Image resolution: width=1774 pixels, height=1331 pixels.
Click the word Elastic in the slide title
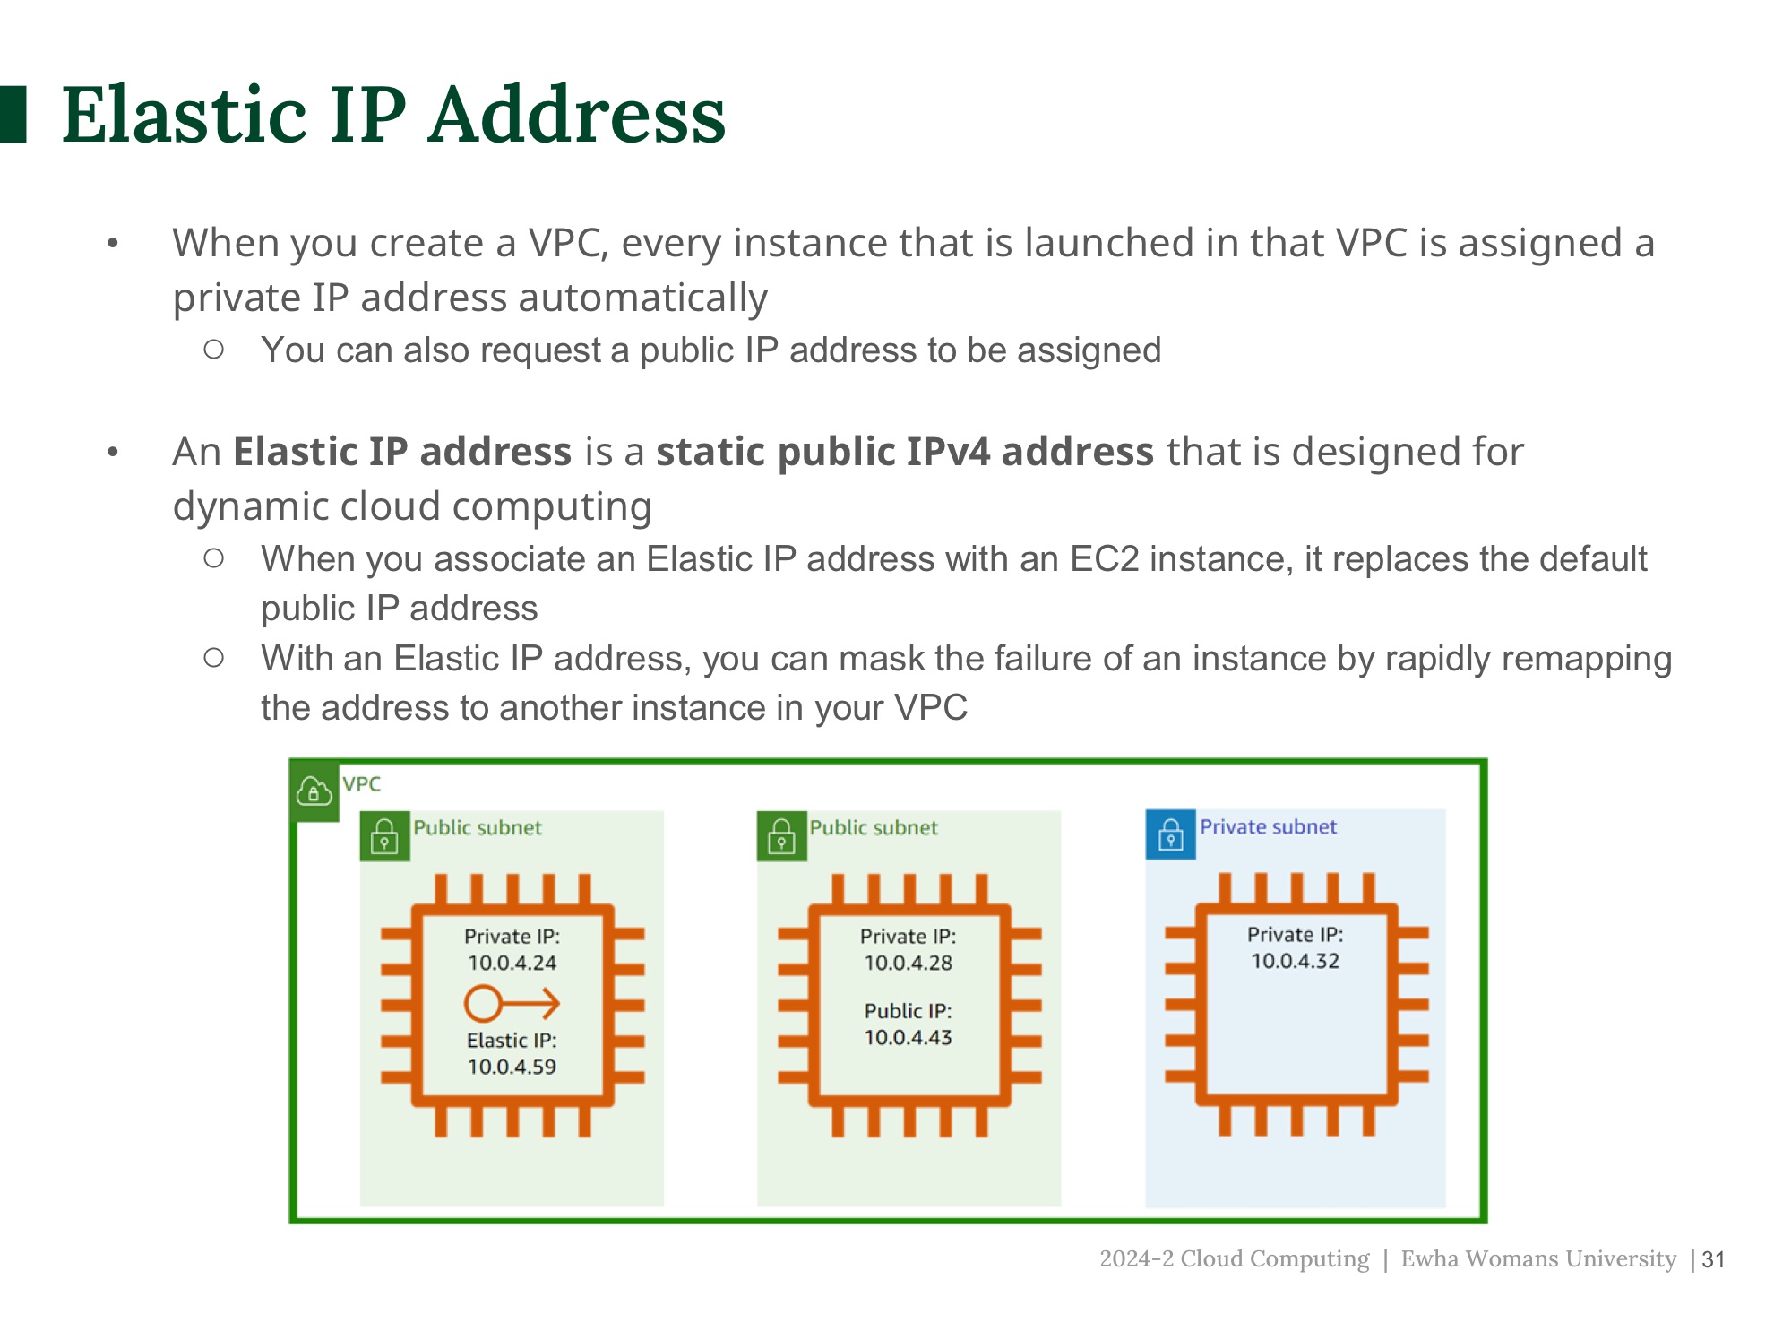coord(183,115)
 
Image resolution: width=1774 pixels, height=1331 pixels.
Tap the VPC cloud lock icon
coord(314,791)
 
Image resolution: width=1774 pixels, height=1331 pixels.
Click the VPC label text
coord(361,784)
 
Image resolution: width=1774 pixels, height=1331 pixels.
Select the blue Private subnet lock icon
coord(1170,834)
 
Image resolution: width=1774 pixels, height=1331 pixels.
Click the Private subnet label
coord(1268,826)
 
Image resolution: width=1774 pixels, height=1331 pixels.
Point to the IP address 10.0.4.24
coord(512,963)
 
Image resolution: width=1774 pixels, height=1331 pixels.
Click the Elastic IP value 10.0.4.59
coord(512,1067)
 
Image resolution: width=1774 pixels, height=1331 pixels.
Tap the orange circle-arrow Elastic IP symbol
coord(512,1003)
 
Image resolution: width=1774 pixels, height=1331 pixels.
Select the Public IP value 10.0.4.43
coord(908,1037)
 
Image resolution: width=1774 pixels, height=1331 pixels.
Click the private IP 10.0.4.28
coord(908,963)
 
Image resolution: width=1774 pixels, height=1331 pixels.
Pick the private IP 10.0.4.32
coord(1295,961)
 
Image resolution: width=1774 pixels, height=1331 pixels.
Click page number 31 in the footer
coord(1713,1259)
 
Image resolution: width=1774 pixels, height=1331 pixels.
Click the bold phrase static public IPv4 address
coord(904,452)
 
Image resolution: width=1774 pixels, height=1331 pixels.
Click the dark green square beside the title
coord(13,114)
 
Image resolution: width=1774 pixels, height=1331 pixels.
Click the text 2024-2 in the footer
coord(1135,1258)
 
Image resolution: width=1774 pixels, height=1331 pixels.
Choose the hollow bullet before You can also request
coord(213,350)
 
